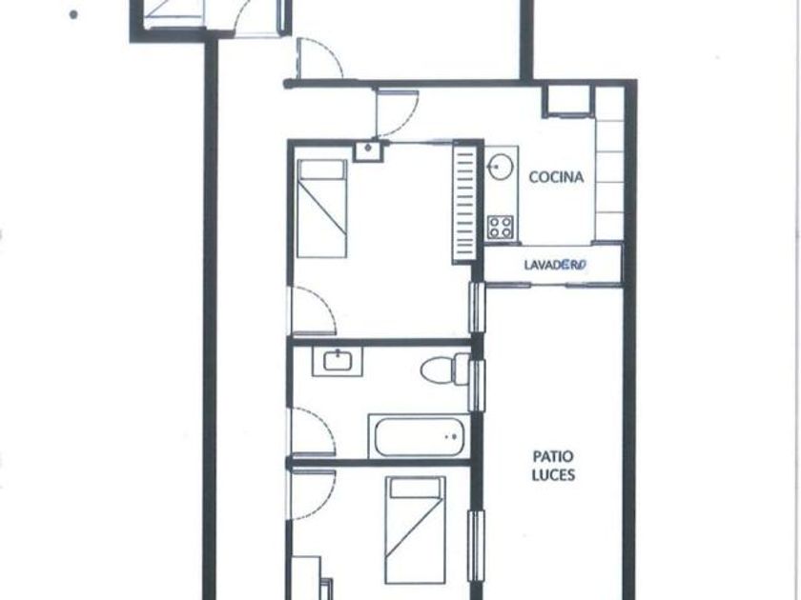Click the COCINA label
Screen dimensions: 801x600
click(556, 177)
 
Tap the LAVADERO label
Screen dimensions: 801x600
click(555, 265)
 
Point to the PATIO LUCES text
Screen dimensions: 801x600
click(553, 466)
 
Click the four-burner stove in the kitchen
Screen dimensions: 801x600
click(500, 227)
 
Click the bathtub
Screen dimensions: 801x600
click(419, 437)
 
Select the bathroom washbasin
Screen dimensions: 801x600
click(338, 362)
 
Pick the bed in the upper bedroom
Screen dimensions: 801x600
click(322, 209)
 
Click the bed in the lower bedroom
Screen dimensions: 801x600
click(416, 530)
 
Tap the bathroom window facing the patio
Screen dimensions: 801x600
click(476, 386)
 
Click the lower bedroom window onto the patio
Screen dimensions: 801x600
click(476, 545)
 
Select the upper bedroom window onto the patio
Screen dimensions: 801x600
click(476, 307)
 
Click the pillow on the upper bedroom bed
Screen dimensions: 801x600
click(322, 170)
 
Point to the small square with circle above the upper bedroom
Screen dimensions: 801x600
click(368, 151)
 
